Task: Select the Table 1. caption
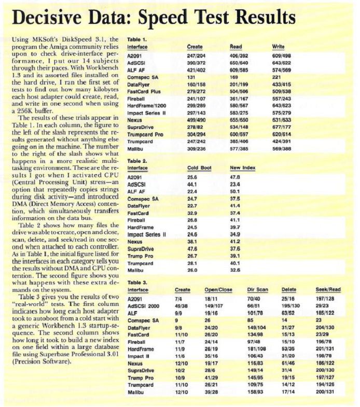click(x=137, y=39)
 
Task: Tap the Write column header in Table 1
click(x=278, y=47)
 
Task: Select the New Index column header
click(x=242, y=168)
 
